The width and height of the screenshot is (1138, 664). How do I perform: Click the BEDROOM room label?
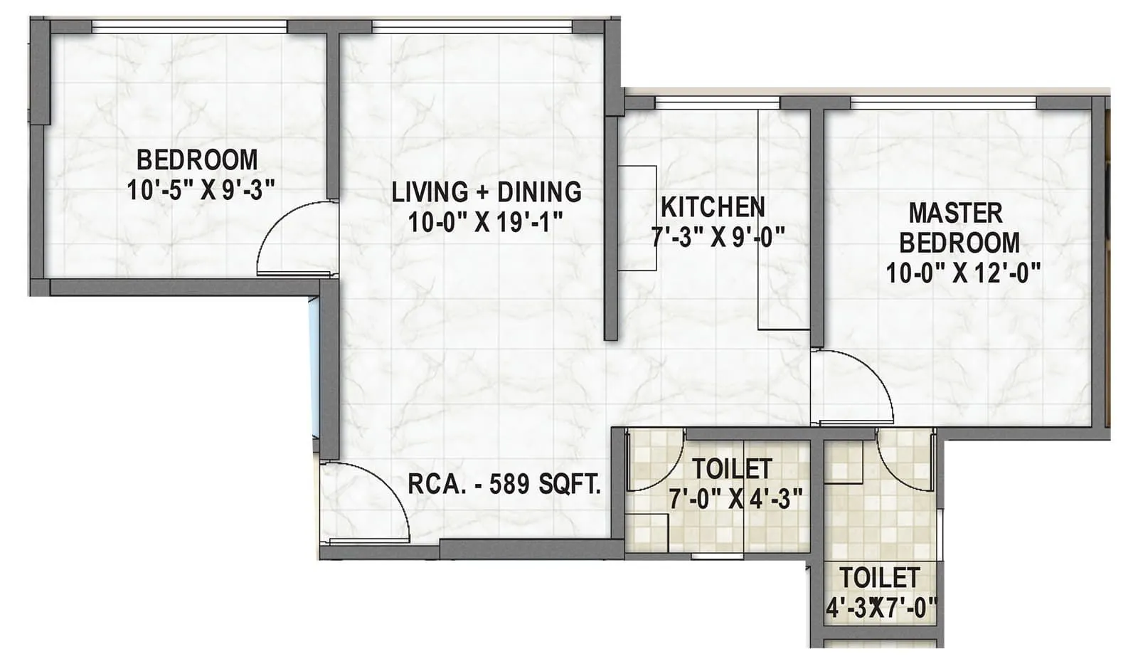pyautogui.click(x=197, y=159)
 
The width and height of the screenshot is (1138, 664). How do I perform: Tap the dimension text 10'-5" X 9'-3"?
pyautogui.click(x=201, y=190)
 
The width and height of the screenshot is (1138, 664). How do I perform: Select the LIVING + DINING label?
pyautogui.click(x=486, y=192)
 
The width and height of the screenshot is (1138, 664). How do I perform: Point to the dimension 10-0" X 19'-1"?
pyautogui.click(x=486, y=223)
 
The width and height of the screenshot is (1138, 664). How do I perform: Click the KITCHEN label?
pyautogui.click(x=713, y=207)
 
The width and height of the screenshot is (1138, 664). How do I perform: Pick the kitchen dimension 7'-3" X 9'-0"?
pyautogui.click(x=718, y=236)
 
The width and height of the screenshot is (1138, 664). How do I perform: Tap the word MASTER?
pyautogui.click(x=955, y=213)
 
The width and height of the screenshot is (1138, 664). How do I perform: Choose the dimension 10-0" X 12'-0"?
pyautogui.click(x=963, y=273)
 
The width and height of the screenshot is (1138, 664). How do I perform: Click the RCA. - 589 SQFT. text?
pyautogui.click(x=504, y=485)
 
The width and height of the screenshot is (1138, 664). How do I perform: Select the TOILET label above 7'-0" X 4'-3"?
pyautogui.click(x=732, y=469)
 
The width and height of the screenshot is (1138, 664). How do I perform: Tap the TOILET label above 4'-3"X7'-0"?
pyautogui.click(x=879, y=577)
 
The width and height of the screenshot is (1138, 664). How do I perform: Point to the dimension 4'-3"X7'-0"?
pyautogui.click(x=881, y=608)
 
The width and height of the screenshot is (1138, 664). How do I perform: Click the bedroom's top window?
pyautogui.click(x=189, y=27)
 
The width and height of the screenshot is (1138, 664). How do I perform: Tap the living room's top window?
pyautogui.click(x=472, y=27)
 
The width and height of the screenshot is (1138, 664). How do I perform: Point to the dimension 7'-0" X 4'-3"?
pyautogui.click(x=735, y=499)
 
